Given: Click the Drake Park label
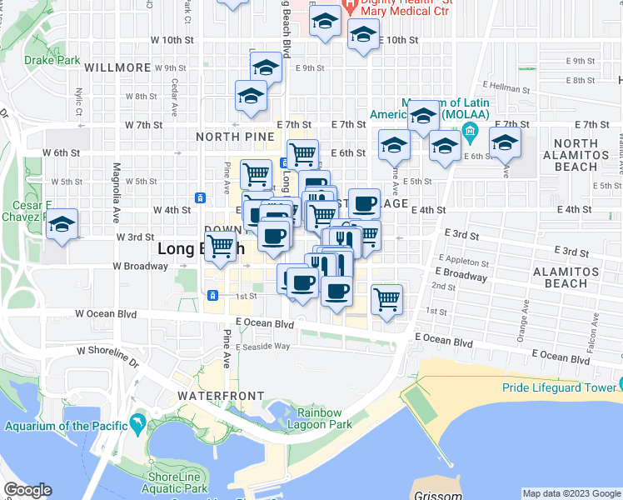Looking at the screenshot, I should point(52,60).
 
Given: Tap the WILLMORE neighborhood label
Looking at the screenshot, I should point(117,67).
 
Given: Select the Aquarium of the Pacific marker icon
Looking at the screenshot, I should point(137,425).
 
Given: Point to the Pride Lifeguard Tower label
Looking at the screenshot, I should point(557,387).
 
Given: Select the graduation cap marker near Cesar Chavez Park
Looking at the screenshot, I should point(61,226).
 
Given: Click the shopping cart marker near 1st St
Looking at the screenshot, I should point(387,298).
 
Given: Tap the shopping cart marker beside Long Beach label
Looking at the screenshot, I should point(220,247).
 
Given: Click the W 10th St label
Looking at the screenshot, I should point(172,40).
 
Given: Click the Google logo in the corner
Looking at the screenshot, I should point(27,490).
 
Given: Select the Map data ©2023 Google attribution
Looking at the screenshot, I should point(571,493).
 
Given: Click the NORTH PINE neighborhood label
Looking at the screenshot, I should point(229,136).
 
